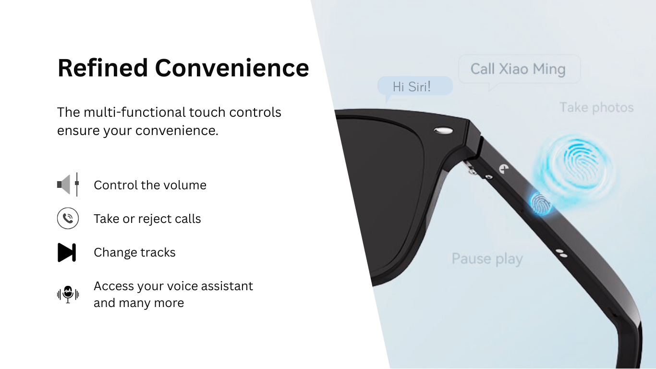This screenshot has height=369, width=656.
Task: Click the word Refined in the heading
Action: pyautogui.click(x=102, y=68)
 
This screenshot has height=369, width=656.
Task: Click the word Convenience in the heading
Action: pyautogui.click(x=232, y=68)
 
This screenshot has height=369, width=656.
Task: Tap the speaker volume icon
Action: pyautogui.click(x=68, y=184)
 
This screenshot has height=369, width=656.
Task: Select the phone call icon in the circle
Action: pyautogui.click(x=68, y=218)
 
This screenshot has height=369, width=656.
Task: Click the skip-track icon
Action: pyautogui.click(x=67, y=252)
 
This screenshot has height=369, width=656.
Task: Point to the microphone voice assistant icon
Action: pyautogui.click(x=68, y=294)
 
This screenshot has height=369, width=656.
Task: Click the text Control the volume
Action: pyautogui.click(x=150, y=185)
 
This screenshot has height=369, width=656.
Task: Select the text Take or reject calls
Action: pyautogui.click(x=147, y=219)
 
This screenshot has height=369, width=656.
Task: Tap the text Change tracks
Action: pyautogui.click(x=134, y=252)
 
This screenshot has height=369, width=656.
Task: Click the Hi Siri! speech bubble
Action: pyautogui.click(x=415, y=86)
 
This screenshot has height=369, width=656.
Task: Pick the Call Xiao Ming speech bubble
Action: pyautogui.click(x=519, y=69)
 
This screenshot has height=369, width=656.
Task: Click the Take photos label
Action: pyautogui.click(x=596, y=108)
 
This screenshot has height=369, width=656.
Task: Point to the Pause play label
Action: pyautogui.click(x=487, y=259)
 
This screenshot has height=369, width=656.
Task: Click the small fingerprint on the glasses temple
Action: pyautogui.click(x=541, y=204)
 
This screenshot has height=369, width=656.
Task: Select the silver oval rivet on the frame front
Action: pyautogui.click(x=443, y=130)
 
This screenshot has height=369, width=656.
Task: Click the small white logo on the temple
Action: pyautogui.click(x=504, y=169)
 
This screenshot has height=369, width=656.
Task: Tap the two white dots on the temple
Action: pyautogui.click(x=561, y=253)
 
